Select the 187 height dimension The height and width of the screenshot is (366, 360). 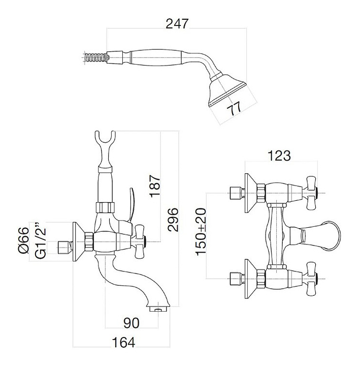pos(155,186)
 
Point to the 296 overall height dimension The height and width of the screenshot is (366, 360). pos(173,220)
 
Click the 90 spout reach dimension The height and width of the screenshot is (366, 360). pos(132,323)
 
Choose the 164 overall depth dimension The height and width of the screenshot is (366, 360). pos(123,343)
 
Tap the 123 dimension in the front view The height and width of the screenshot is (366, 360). pos(279,156)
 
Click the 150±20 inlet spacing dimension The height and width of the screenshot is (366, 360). pos(201,232)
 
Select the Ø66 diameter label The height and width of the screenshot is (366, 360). pos(23,240)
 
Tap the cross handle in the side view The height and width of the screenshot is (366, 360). pos(140,241)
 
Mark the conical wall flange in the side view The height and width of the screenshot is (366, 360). pos(79,241)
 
